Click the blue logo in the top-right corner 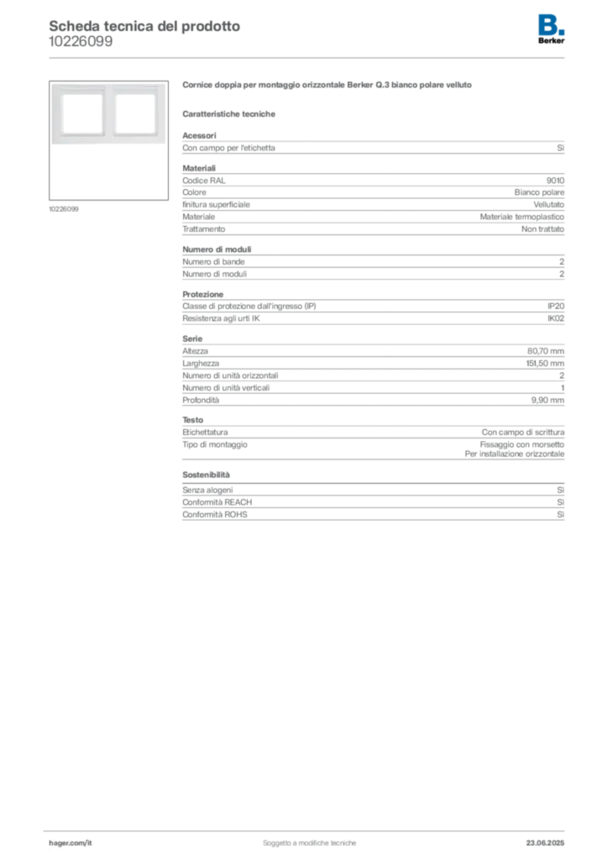pos(552,24)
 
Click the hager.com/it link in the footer pos(70,842)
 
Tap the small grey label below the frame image pos(64,208)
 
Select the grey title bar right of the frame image pos(328,86)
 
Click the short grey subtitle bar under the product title pos(231,113)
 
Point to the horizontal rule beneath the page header pos(308,57)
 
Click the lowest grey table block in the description pos(372,504)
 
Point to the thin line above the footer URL pos(308,830)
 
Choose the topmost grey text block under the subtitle pos(372,146)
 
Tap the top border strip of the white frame pos(107,87)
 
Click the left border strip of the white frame pos(55,114)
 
